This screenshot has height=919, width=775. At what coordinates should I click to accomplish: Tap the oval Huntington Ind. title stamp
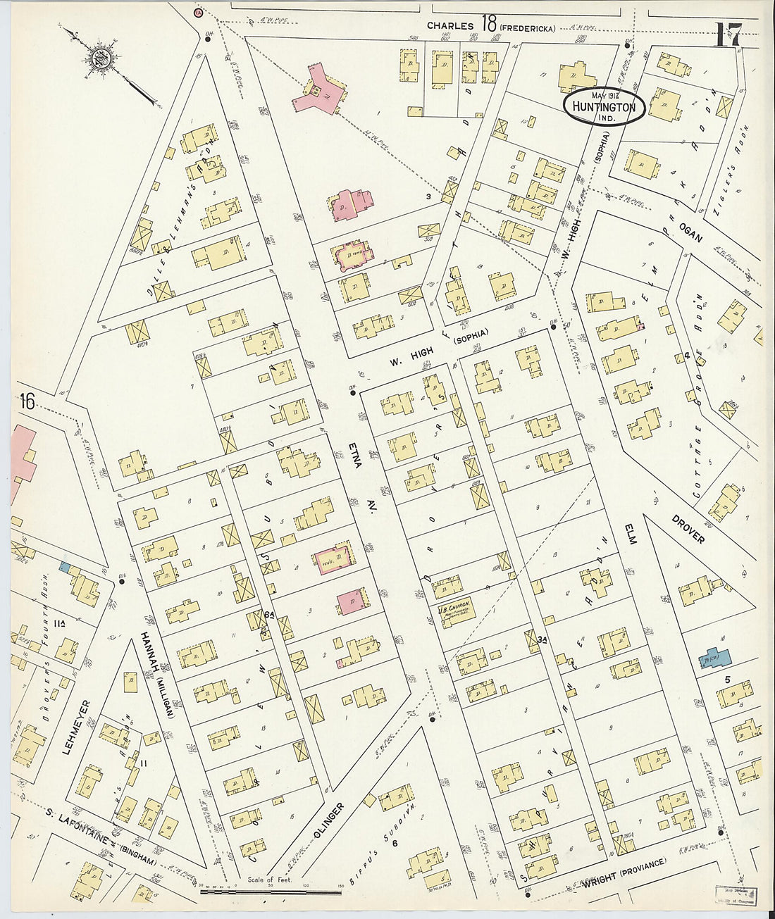(604, 107)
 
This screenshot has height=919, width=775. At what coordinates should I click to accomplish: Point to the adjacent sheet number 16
(27, 401)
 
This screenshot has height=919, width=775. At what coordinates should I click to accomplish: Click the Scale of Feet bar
(271, 891)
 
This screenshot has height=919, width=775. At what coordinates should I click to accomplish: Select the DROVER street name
(687, 527)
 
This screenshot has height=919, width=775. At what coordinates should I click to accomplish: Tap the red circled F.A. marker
(199, 12)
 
